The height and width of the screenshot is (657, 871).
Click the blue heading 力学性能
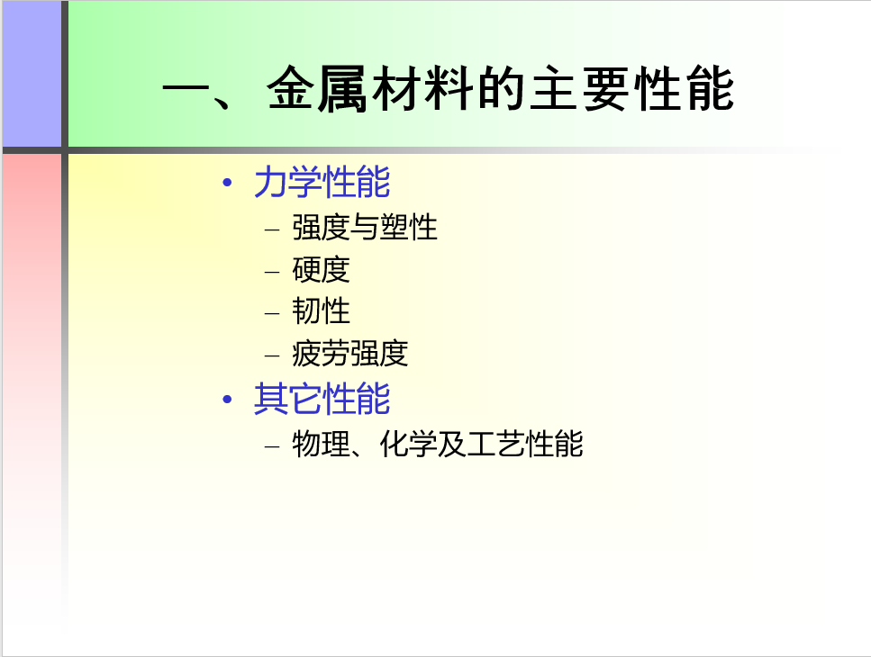tap(322, 182)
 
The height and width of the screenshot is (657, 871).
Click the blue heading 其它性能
tap(322, 399)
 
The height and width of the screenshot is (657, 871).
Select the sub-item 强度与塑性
tap(365, 228)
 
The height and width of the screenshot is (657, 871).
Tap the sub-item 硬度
tap(321, 270)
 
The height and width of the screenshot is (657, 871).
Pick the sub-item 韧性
tap(321, 311)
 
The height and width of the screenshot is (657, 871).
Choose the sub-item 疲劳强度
tap(350, 354)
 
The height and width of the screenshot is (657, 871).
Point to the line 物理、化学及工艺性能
tap(438, 444)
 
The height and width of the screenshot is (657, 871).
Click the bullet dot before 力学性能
tap(227, 182)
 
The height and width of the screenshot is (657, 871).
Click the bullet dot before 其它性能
tap(227, 399)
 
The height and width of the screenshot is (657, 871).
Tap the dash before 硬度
tap(272, 272)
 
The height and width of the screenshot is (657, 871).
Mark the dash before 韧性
tap(272, 313)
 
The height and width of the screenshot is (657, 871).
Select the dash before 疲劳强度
tap(272, 355)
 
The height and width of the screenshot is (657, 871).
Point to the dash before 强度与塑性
tap(272, 229)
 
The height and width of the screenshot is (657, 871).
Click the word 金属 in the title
tap(317, 89)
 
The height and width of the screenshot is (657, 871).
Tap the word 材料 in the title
tap(422, 89)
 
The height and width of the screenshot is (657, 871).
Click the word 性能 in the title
tap(685, 89)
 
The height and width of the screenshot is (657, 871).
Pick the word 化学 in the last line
tap(408, 444)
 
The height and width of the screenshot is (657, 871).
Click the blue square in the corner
tap(32, 74)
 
